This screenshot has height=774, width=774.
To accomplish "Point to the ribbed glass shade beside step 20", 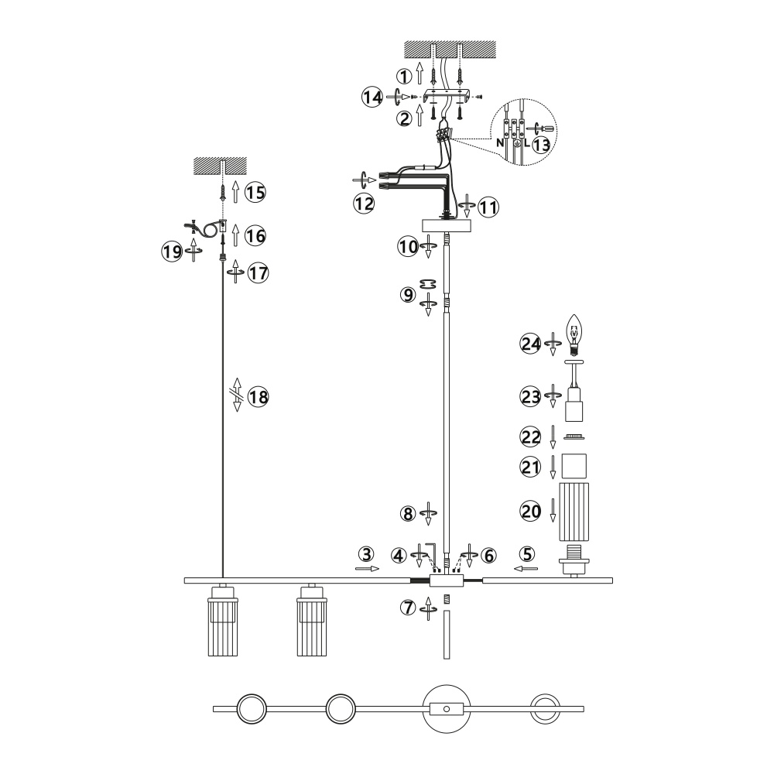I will [574, 511].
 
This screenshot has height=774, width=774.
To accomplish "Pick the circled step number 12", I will [363, 204].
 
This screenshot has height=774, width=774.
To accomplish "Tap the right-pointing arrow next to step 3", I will [368, 568].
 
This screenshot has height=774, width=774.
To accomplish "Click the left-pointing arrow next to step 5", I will [526, 568].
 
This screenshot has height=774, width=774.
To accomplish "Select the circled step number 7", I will [408, 608].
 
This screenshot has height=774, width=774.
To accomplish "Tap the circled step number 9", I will [408, 295].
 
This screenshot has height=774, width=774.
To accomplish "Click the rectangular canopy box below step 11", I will [447, 225].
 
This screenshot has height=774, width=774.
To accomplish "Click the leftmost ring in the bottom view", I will [249, 708].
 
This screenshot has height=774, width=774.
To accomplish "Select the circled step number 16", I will [255, 232].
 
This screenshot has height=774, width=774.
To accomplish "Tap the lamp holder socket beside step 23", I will [574, 404].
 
